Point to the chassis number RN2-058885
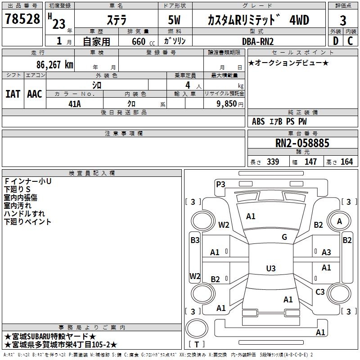[302, 144]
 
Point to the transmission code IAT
[13, 94]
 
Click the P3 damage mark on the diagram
[220, 184]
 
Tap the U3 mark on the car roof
[270, 269]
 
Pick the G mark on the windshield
[284, 237]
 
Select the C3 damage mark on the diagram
[320, 292]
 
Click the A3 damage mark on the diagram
[326, 252]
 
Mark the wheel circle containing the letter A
[339, 221]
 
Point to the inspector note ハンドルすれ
[24, 213]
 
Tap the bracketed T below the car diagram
[197, 345]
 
